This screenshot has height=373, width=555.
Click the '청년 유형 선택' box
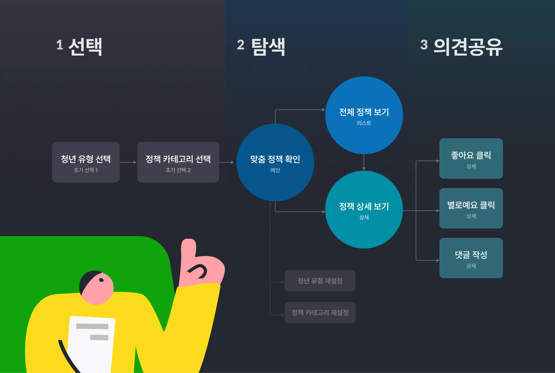click(86, 162)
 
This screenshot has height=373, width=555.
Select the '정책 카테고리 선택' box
click(178, 162)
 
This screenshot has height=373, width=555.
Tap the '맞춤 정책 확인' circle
click(275, 162)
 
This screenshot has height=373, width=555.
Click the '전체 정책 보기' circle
click(364, 115)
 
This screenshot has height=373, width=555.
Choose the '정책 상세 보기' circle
click(364, 209)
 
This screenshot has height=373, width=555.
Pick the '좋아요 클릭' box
click(471, 158)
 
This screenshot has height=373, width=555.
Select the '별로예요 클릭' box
click(471, 208)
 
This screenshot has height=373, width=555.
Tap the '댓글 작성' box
click(471, 258)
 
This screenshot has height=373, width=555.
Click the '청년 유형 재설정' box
click(320, 281)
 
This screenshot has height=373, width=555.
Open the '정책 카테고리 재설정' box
click(320, 313)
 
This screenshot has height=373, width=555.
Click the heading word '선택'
click(85, 47)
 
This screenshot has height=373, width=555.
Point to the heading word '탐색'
click(268, 47)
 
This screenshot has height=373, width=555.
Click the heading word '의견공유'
click(468, 47)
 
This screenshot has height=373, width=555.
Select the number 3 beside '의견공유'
click(424, 45)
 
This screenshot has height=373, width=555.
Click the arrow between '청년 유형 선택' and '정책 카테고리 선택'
click(128, 162)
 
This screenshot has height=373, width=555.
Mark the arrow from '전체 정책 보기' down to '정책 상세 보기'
click(364, 162)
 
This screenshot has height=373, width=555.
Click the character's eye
click(101, 280)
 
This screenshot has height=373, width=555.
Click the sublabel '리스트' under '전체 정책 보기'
click(364, 123)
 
